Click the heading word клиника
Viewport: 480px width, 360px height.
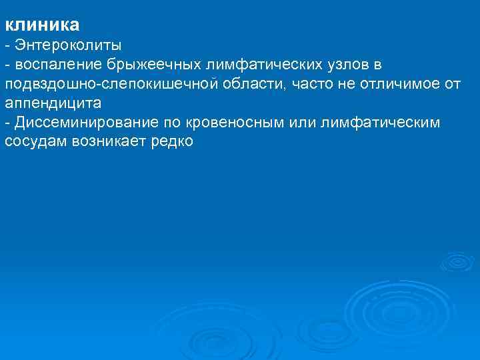[42, 26]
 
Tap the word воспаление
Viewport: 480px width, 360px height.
[57, 65]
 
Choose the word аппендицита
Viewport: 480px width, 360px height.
[53, 104]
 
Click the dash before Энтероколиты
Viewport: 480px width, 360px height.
[7, 46]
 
